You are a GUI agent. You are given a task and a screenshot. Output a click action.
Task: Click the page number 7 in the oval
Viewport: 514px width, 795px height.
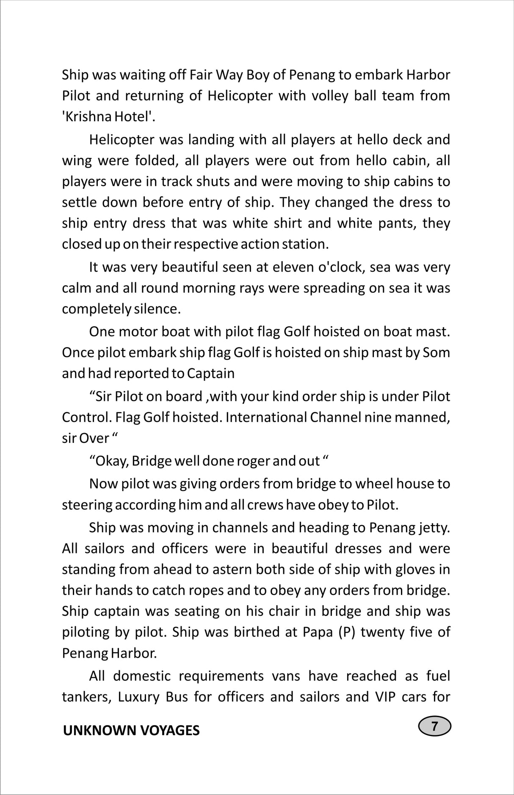tap(434, 726)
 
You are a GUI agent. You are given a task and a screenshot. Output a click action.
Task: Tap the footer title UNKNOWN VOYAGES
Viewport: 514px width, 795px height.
tap(131, 731)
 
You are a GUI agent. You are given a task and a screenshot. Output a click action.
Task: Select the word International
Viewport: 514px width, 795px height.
tap(266, 417)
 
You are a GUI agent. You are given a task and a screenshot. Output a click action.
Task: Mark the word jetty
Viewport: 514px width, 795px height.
tap(436, 528)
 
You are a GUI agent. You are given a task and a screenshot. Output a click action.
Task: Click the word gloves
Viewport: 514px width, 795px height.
tap(415, 570)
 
